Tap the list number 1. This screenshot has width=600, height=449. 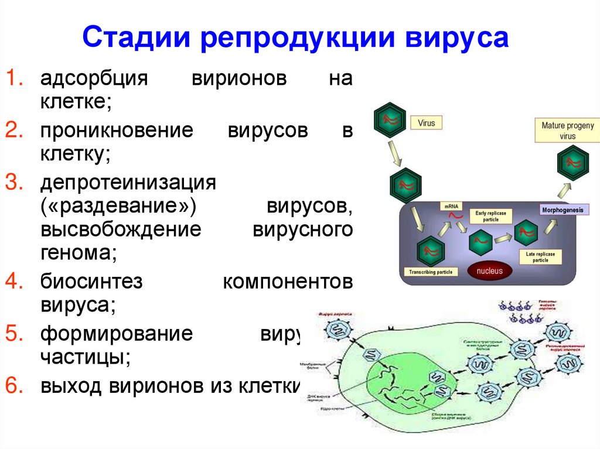pyautogui.click(x=14, y=79)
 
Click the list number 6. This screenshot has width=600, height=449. pyautogui.click(x=14, y=386)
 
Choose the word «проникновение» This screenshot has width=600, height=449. pyautogui.click(x=116, y=131)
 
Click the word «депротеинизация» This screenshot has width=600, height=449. pyautogui.click(x=128, y=182)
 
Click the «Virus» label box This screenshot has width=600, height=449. pyautogui.click(x=427, y=124)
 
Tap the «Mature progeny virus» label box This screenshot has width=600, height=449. pyautogui.click(x=567, y=131)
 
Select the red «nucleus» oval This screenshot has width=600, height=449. pyautogui.click(x=489, y=271)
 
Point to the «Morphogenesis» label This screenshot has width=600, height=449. pyautogui.click(x=565, y=210)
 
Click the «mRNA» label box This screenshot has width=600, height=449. pyautogui.click(x=451, y=207)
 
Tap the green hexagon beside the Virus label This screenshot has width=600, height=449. pyautogui.click(x=390, y=119)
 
